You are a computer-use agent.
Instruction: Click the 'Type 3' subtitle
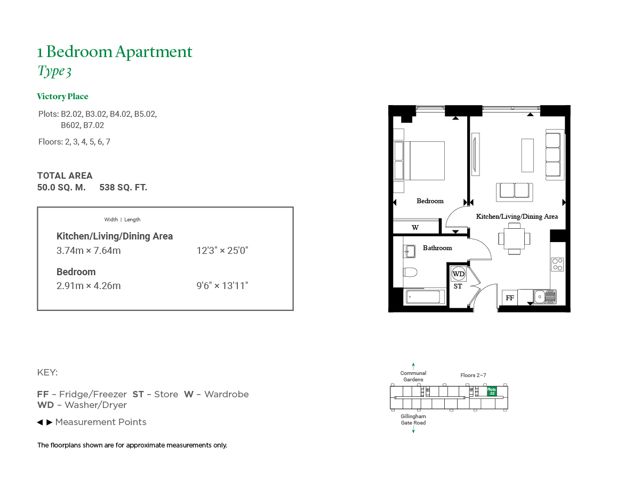54,71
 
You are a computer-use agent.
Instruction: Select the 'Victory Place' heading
62,97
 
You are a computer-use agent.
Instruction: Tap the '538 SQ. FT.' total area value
123,187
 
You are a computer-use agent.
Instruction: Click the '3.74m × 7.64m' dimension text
89,250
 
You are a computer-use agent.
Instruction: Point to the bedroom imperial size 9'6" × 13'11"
222,286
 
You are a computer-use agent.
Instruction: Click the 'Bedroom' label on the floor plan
430,201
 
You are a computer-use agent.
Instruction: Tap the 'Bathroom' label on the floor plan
437,247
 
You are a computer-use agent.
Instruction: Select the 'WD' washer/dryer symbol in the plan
458,274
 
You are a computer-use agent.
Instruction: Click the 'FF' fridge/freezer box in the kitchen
510,298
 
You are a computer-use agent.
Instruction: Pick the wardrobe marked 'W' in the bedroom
416,226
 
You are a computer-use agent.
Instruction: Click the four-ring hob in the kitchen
557,265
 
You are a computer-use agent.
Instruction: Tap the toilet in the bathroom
410,272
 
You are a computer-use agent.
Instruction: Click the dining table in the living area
514,239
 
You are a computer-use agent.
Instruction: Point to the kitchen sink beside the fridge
545,297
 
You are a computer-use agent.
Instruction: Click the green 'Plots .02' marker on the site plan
491,391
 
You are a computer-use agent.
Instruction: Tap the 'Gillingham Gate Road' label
413,419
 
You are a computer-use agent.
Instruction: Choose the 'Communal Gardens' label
413,376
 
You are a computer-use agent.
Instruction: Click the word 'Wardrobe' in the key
227,394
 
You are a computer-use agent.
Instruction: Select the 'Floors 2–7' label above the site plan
473,375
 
